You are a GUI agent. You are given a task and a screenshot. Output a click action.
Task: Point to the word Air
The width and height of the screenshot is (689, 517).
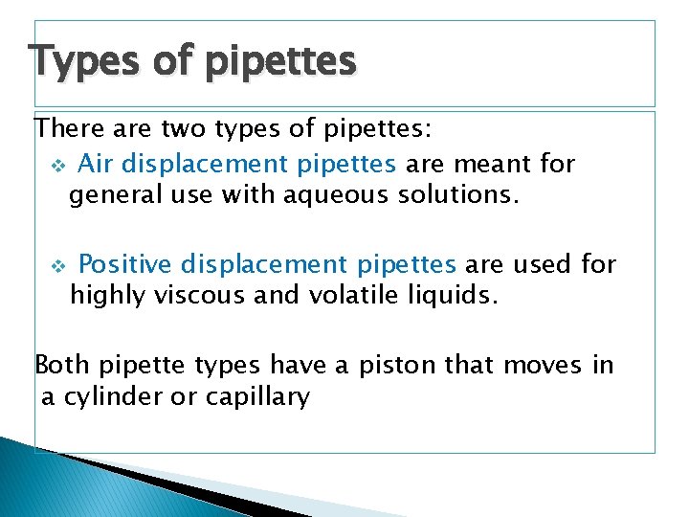[x=95, y=164]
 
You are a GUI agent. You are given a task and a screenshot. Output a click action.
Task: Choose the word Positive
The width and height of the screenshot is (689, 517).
[x=124, y=263]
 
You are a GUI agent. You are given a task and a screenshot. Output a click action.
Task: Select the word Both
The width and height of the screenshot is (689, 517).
[x=63, y=365]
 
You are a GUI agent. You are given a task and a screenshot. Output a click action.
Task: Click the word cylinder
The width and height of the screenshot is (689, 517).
[x=113, y=397]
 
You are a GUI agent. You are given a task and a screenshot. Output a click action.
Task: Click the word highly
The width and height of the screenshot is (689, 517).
[x=106, y=296]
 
